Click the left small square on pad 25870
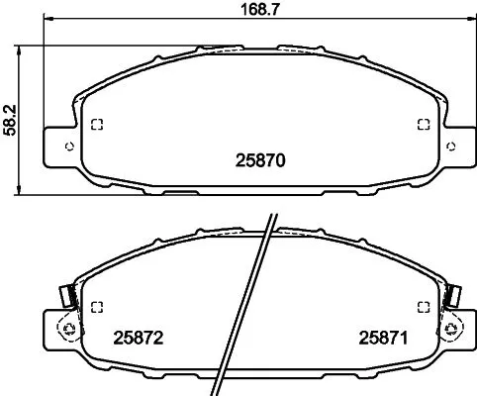[96, 125]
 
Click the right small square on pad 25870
[423, 125]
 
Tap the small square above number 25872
[96, 306]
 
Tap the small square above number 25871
[423, 306]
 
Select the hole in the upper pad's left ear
[67, 146]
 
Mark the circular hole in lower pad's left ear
[67, 329]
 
